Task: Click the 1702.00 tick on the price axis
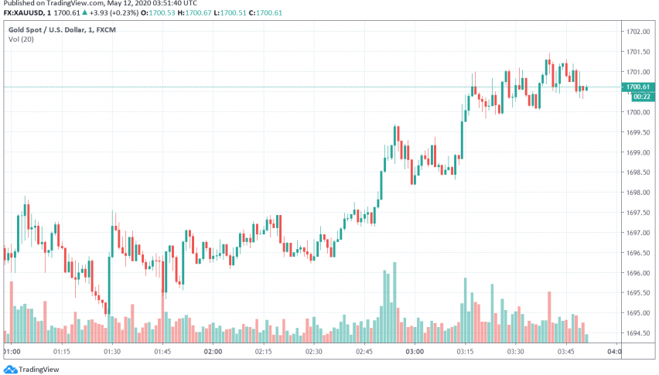click(x=638, y=32)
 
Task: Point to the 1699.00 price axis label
click(x=638, y=152)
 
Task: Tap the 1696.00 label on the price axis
click(x=638, y=273)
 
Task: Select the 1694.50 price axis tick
click(x=638, y=333)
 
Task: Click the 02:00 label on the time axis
click(x=213, y=351)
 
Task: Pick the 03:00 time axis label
click(x=414, y=351)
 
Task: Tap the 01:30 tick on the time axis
click(x=112, y=351)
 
